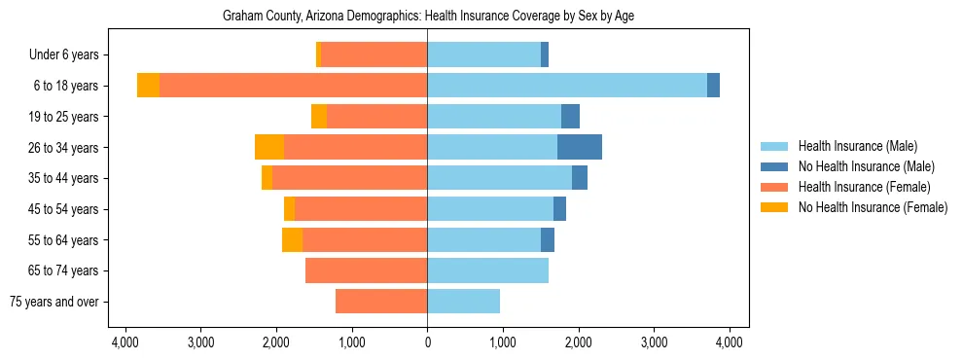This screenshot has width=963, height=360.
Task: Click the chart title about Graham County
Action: tap(428, 17)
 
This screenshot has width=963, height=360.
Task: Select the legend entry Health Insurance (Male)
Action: tap(857, 146)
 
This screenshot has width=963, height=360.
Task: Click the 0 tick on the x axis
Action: tap(427, 342)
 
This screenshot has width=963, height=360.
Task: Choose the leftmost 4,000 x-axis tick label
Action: tap(125, 342)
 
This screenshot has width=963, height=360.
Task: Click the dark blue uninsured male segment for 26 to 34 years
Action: tap(580, 147)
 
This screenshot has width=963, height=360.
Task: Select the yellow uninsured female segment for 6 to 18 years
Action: tap(148, 86)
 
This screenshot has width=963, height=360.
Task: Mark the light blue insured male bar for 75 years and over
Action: tap(463, 302)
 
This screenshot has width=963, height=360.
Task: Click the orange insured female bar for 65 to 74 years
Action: tap(366, 270)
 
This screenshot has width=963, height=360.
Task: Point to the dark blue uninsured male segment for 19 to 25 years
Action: tap(571, 117)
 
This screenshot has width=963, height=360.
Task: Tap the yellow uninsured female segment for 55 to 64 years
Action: tap(292, 239)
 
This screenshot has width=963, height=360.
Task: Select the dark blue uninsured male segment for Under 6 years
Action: tap(545, 54)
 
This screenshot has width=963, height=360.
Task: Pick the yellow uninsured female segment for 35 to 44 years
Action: tap(267, 178)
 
